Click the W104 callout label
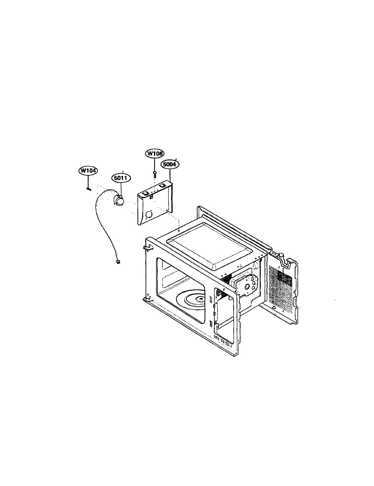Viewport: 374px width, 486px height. tap(88, 171)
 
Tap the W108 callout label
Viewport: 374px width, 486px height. tap(154, 154)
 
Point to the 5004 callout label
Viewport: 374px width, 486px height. tap(170, 165)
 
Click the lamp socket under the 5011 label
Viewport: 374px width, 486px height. tap(119, 200)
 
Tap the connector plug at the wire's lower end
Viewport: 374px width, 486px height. tap(118, 262)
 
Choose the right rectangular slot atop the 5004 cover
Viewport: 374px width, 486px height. tap(163, 185)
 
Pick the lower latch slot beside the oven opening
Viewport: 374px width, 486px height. tap(211, 324)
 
